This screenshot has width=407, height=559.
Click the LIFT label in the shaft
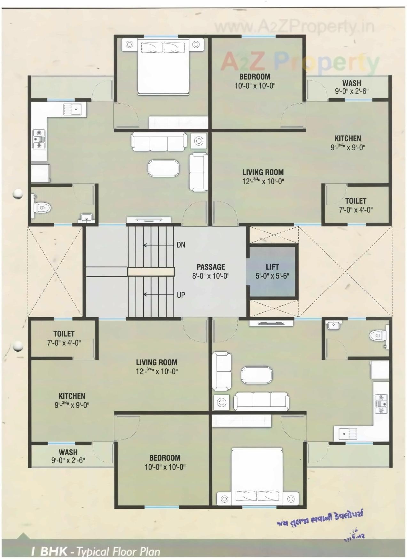[x=272, y=267]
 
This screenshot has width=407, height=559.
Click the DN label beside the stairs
[x=181, y=245]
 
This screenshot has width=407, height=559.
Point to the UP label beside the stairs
[x=181, y=295]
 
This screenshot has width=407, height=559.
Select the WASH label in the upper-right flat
[x=351, y=83]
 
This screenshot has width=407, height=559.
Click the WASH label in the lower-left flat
[x=68, y=452]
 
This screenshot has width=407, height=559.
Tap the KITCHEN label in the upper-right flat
[x=348, y=138]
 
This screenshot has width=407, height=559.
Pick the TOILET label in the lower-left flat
[x=64, y=334]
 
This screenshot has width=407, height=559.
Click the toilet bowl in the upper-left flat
[x=42, y=208]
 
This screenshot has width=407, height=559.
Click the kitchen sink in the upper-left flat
[x=74, y=110]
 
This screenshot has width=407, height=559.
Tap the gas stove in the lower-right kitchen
[x=381, y=404]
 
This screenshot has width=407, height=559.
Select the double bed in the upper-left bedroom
[x=163, y=66]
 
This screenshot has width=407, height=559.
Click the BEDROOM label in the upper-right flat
[x=255, y=76]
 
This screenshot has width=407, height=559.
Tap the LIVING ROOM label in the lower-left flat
[x=156, y=362]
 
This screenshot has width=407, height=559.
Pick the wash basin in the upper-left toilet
[x=86, y=218]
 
